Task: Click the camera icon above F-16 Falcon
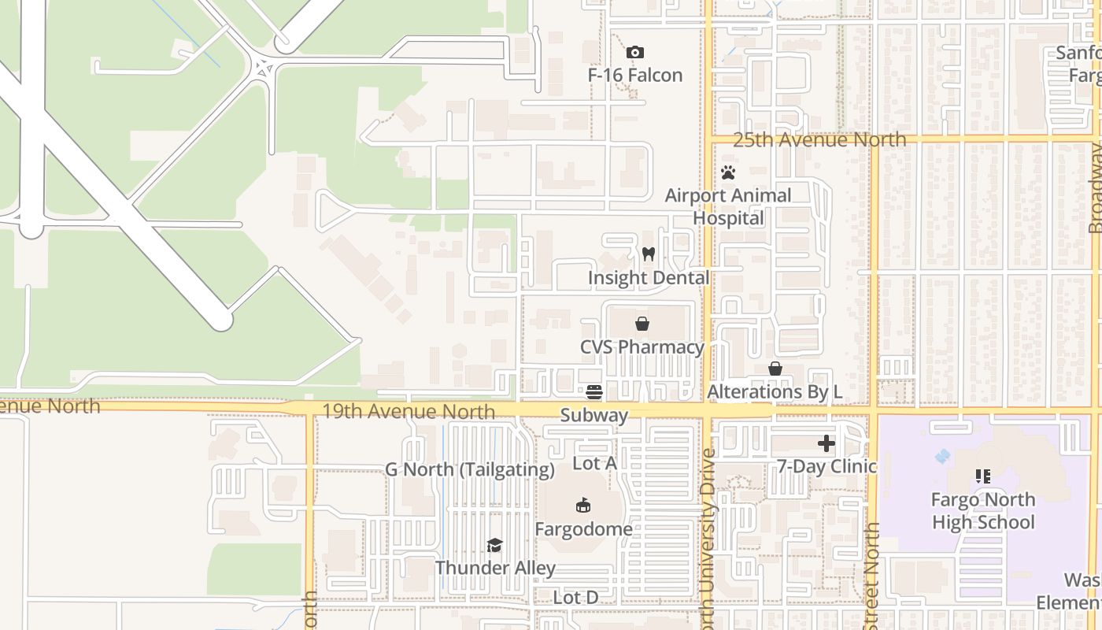point(635,53)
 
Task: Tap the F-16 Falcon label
point(635,76)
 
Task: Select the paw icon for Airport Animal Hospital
point(728,172)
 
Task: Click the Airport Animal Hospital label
point(728,206)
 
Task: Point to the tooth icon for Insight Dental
point(649,254)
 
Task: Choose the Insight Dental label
point(649,278)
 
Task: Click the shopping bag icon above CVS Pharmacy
point(642,324)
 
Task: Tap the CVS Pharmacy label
point(642,347)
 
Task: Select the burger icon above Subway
point(594,391)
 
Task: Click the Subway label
point(594,415)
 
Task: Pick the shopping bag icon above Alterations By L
point(775,369)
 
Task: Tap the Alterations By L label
point(775,391)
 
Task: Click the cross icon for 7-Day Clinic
point(826,444)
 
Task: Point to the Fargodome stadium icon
point(583,506)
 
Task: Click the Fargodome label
point(583,528)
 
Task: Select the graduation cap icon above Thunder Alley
point(494,545)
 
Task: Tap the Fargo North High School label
point(983,510)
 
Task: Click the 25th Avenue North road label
point(819,140)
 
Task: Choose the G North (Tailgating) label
point(470,470)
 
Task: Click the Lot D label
point(575,598)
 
